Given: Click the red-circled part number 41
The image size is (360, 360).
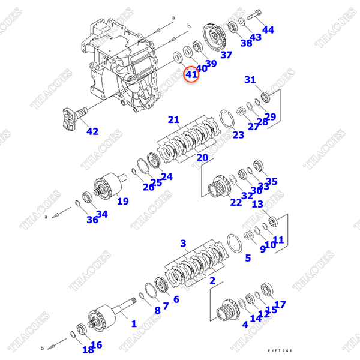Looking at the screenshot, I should coord(191,74).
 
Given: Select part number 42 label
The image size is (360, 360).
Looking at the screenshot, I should coord(92,131).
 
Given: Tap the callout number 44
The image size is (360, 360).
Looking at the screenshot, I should coord(268,29).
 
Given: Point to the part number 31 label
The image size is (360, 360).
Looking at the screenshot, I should coord(250,80).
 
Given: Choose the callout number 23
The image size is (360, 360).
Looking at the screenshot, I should coord(238,135).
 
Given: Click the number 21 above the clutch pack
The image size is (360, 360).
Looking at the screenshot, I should coord(173,119).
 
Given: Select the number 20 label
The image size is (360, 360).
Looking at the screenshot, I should coord(202,158).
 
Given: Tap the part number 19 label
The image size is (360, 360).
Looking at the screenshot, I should coord(122,201).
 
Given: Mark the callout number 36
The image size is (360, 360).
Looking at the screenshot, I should coord(92,220).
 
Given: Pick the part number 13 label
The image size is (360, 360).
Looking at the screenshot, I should coord(257,205).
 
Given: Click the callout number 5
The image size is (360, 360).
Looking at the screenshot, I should coord(247,259).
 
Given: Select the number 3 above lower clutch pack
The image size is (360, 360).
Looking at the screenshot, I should coord(184,243).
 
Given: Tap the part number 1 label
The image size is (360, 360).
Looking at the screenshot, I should coord(133,323).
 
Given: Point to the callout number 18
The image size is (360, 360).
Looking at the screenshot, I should coord(88,350).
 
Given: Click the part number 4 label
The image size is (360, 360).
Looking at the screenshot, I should coord(245,325).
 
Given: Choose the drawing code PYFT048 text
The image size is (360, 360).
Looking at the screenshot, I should coord(281,351).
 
